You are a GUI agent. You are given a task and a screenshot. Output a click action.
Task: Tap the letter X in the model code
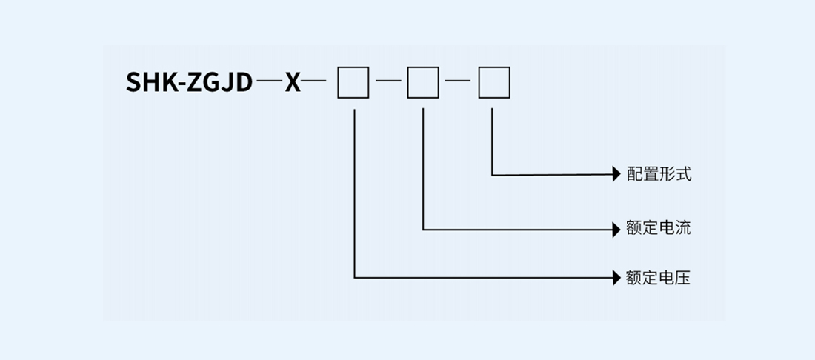[293, 81]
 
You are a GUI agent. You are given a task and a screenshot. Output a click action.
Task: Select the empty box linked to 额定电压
[353, 81]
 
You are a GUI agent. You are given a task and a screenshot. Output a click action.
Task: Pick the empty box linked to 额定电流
[423, 81]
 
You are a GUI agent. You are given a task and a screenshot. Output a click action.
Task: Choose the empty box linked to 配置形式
[493, 81]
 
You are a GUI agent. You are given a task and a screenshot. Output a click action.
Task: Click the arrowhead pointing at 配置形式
[616, 175]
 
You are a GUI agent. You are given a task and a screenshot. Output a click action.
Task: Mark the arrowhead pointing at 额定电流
[616, 228]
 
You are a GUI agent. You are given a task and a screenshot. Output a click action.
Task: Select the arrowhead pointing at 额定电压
[616, 279]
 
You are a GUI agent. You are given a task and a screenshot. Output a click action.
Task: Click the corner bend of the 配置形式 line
[493, 175]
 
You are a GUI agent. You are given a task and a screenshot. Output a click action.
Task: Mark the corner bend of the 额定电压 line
[356, 278]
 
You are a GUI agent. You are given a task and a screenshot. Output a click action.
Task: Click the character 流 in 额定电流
[683, 227]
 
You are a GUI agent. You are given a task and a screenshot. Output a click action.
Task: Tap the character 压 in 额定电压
[683, 279]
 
